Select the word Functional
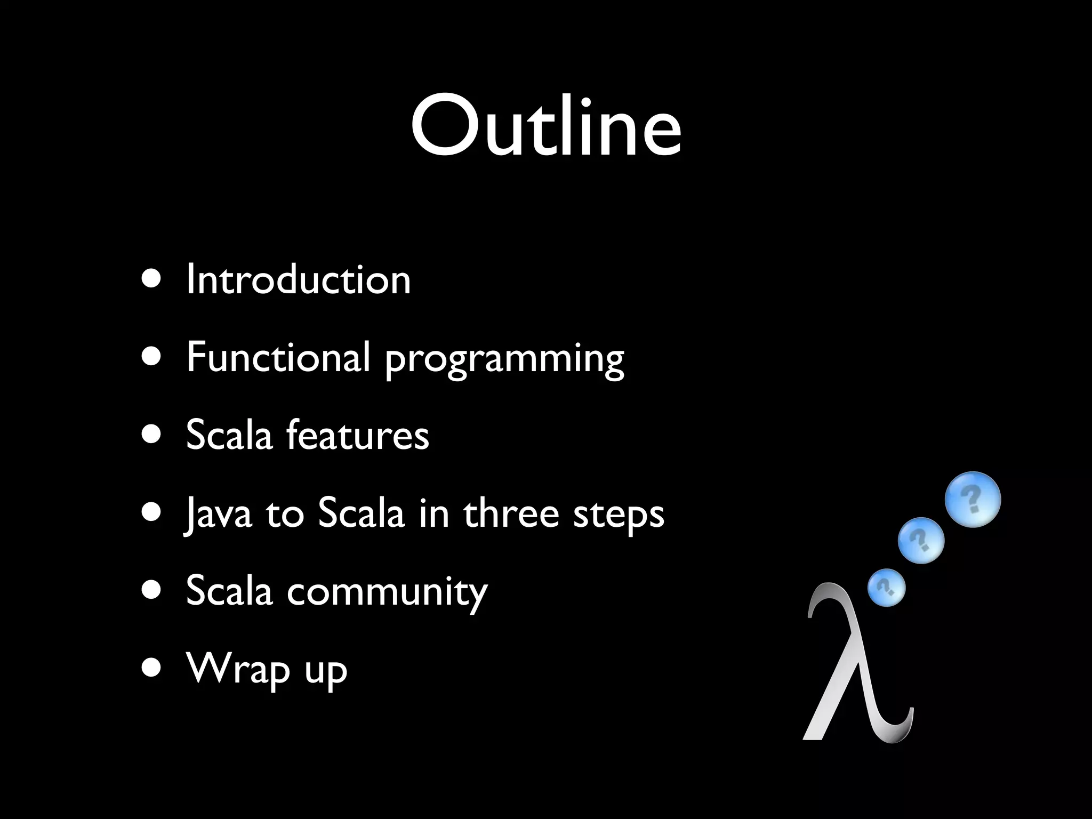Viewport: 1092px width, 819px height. [278, 357]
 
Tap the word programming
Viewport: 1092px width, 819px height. [504, 360]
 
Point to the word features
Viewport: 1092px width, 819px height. [357, 435]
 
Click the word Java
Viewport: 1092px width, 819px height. [218, 513]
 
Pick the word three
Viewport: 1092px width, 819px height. [511, 513]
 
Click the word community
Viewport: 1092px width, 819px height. [387, 592]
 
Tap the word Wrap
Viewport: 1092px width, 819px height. [238, 670]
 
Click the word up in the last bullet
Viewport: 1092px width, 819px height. [326, 673]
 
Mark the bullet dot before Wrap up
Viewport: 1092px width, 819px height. [151, 669]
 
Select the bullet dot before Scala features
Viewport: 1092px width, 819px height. [151, 435]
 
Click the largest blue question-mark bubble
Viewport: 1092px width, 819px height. [973, 500]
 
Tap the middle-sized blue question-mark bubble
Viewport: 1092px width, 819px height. [921, 540]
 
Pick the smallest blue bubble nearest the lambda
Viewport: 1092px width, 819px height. [886, 588]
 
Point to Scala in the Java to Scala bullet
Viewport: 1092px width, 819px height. [361, 513]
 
